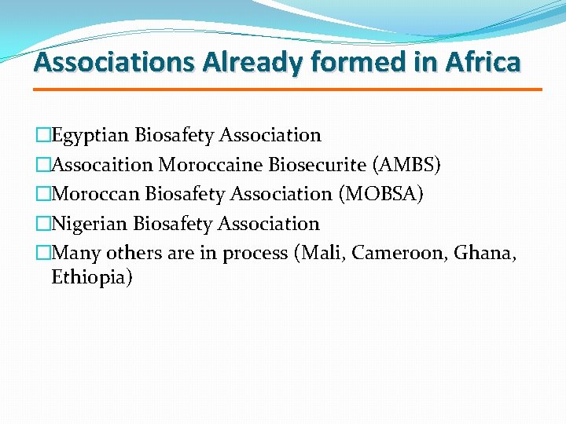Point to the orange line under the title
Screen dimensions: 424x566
tap(288, 90)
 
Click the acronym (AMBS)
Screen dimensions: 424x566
tap(407, 165)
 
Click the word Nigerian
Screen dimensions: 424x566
tap(90, 224)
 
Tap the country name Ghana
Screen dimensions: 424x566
tap(485, 253)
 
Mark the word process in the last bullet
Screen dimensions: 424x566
tap(254, 253)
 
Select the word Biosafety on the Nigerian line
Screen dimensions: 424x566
tap(174, 224)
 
